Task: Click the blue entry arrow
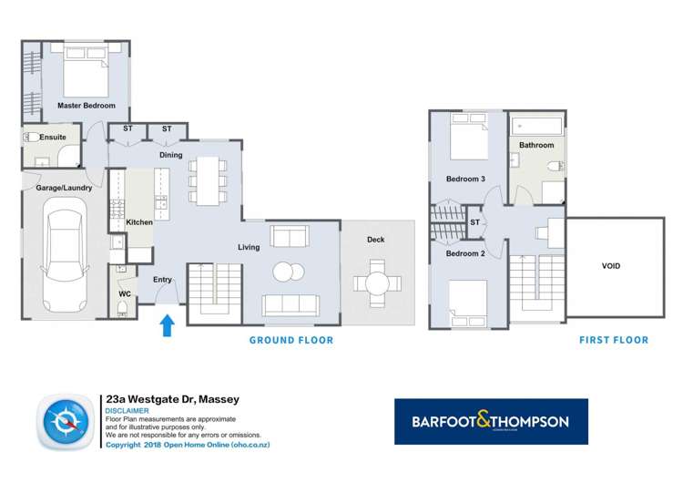[168, 324]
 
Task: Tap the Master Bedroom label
[87, 106]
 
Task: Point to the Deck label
[376, 241]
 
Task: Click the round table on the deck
[376, 282]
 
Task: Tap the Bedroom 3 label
[464, 179]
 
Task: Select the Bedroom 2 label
[464, 253]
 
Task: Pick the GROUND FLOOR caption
[291, 341]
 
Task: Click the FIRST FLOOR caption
[614, 341]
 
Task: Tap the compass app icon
[65, 424]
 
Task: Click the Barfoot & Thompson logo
[491, 422]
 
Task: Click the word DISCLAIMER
[127, 410]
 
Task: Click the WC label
[124, 294]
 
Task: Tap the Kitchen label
[138, 222]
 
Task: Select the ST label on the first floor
[474, 222]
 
